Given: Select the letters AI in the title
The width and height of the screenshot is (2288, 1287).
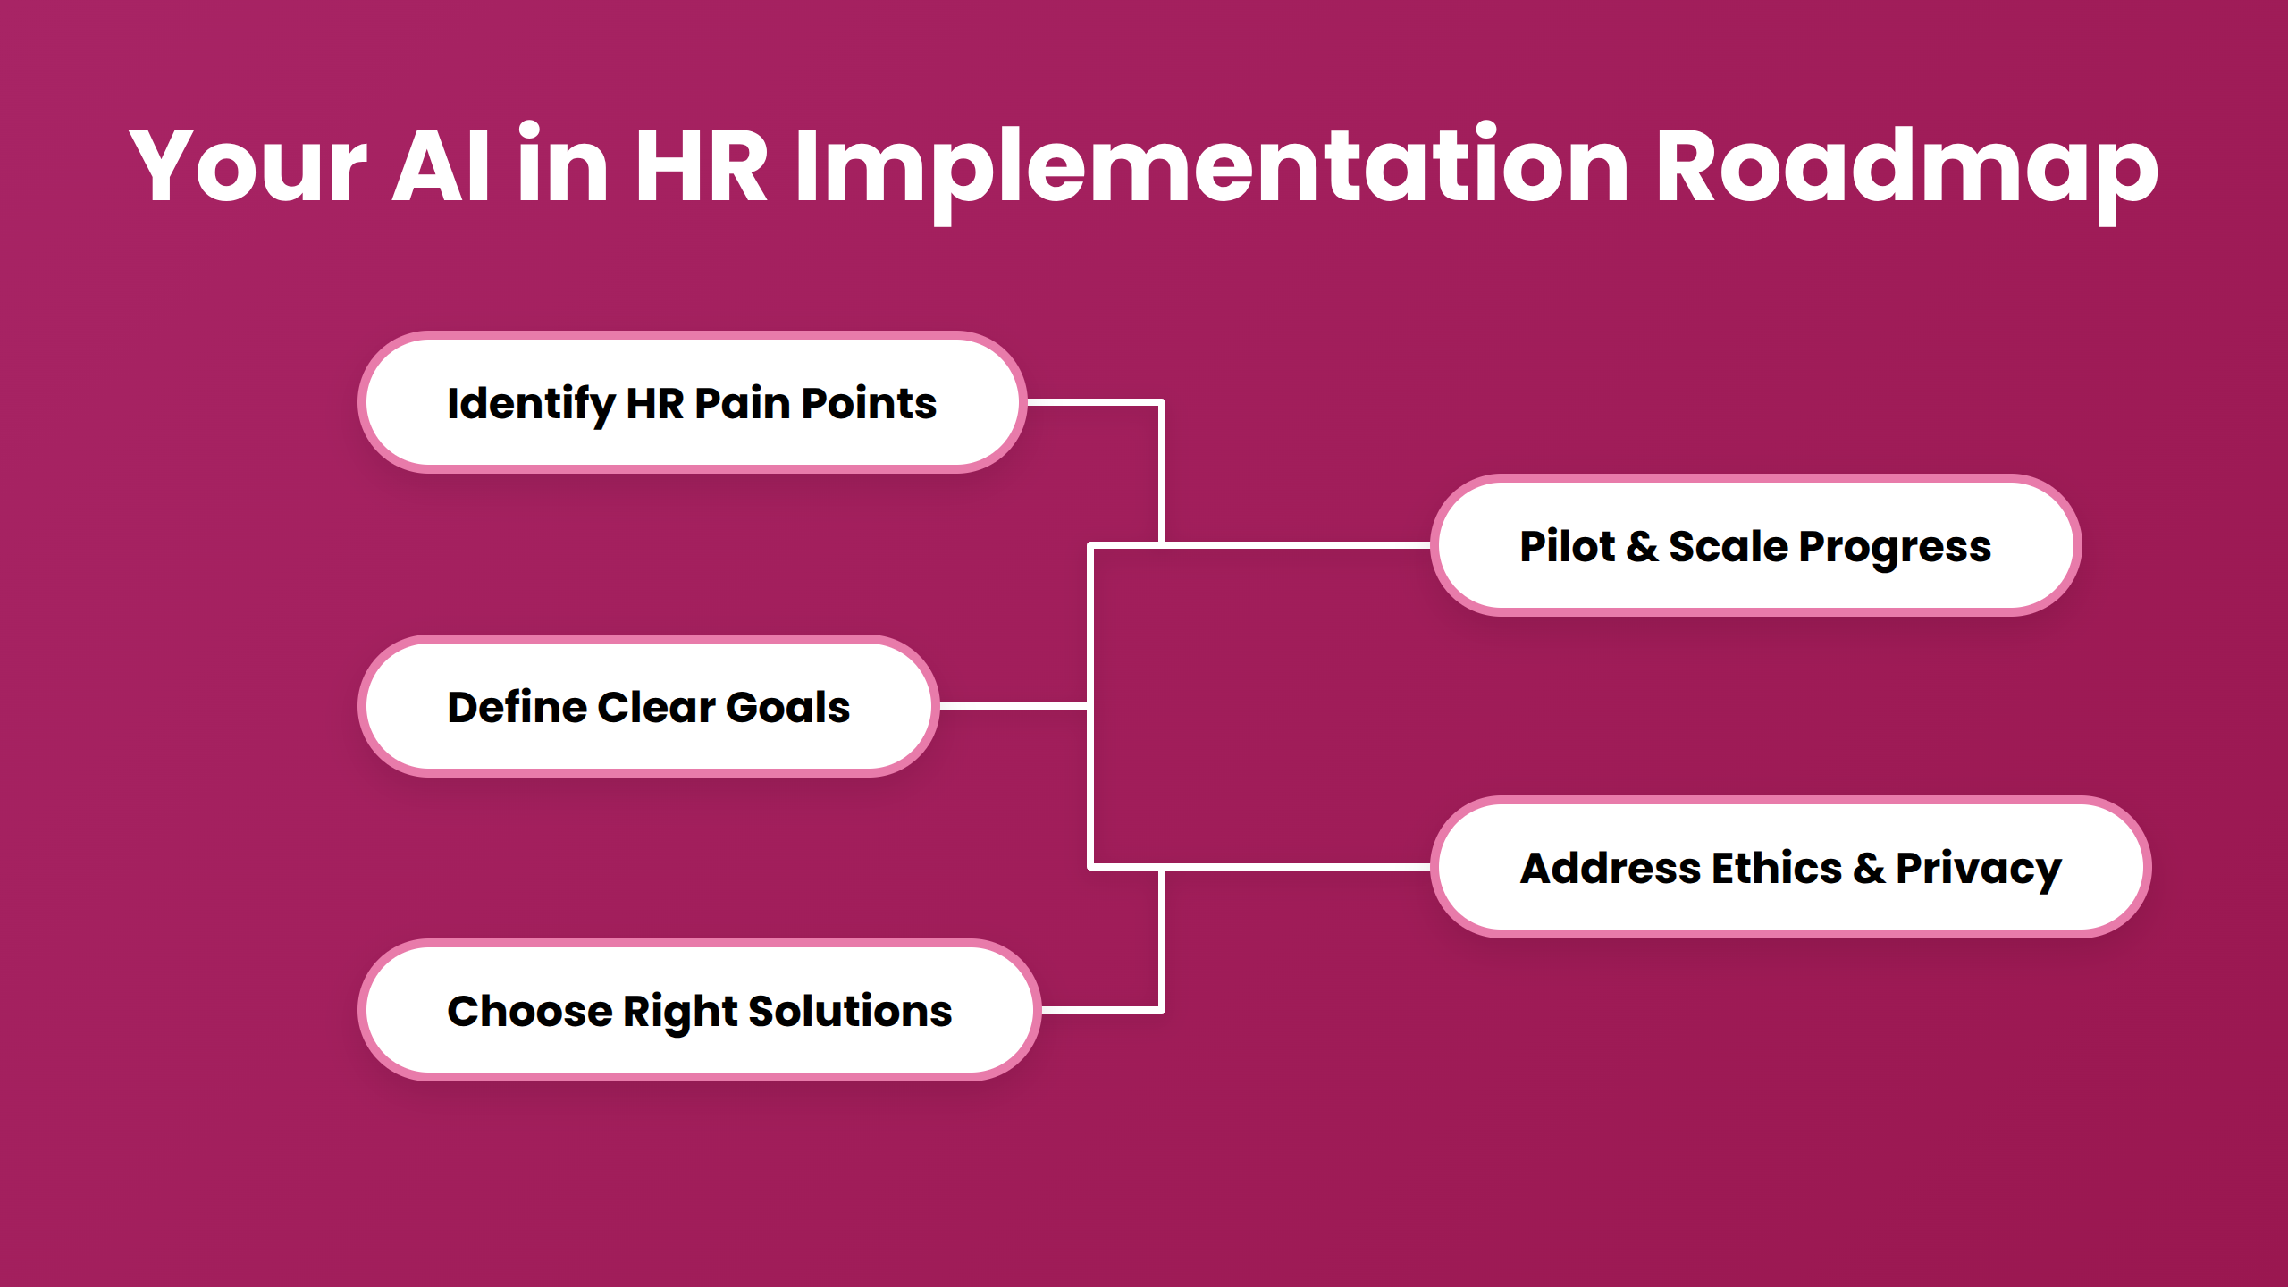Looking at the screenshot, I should click(x=442, y=166).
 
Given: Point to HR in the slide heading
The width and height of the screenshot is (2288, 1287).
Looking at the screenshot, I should click(x=701, y=166).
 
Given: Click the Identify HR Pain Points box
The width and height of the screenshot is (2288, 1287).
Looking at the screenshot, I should click(x=692, y=403).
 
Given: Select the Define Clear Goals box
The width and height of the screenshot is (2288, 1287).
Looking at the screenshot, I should click(x=648, y=707).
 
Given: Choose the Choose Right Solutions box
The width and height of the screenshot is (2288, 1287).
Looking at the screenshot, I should click(x=699, y=1011).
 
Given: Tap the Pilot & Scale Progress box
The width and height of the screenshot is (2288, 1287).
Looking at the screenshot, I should click(x=1755, y=546).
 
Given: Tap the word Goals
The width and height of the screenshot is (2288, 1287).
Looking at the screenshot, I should click(x=787, y=707).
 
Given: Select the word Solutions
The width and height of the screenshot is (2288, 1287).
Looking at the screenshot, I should click(x=850, y=1011).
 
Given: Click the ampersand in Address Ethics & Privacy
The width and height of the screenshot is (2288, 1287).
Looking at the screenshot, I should click(x=1869, y=868).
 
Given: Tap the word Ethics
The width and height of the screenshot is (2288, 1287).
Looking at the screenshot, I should click(x=1777, y=868).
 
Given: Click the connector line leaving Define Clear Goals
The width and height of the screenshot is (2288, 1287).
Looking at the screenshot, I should click(x=1014, y=706).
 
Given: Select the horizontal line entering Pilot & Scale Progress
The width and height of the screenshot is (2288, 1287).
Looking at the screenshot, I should click(x=1296, y=544).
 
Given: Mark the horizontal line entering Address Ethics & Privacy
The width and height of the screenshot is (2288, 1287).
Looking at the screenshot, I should click(x=1296, y=867).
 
